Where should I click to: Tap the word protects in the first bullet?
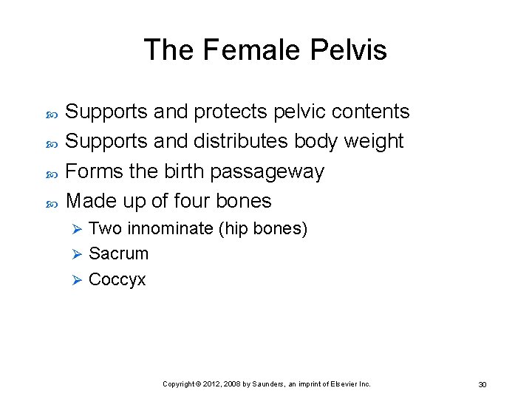(231, 112)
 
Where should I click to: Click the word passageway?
(267, 172)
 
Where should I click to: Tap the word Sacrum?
(118, 254)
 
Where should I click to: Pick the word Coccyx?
(117, 280)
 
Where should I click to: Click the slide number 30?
(482, 384)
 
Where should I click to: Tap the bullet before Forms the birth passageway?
(52, 172)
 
